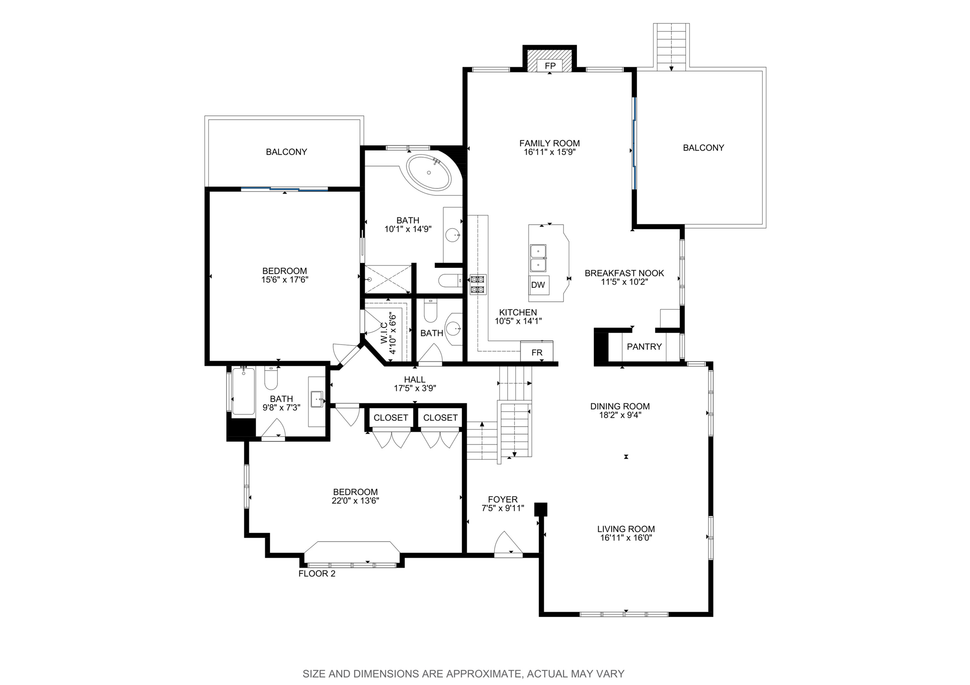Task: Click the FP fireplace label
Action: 549,66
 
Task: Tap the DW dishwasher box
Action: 539,285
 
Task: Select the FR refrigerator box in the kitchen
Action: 537,353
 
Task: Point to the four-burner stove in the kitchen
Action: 477,285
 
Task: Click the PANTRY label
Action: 644,347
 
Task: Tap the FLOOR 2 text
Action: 317,574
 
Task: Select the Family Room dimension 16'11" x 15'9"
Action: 549,152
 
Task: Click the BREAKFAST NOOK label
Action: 624,273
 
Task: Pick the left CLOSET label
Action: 391,418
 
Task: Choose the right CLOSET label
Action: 440,418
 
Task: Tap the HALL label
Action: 414,380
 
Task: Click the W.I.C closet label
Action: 384,333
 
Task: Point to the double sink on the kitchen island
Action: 538,258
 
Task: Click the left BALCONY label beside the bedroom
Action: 287,152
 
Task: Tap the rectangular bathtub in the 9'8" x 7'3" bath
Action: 243,391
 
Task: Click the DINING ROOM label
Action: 620,406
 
